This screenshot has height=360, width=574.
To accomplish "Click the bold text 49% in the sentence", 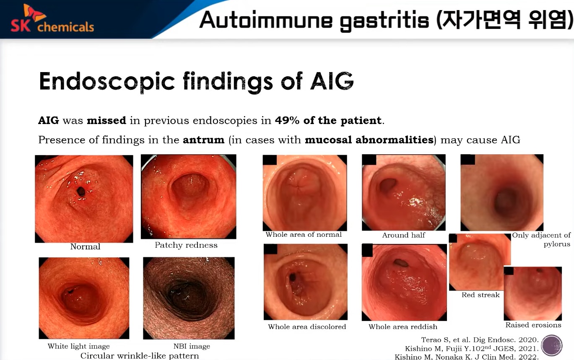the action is click(287, 120).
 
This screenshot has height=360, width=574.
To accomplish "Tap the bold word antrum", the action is click(203, 140).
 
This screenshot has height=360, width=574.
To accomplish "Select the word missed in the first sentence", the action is click(106, 120).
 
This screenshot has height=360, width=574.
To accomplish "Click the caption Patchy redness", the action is click(186, 245).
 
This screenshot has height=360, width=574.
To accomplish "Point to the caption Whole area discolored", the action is click(307, 326).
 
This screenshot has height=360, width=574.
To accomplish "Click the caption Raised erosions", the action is click(533, 325).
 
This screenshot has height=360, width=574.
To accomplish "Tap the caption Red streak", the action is click(480, 295).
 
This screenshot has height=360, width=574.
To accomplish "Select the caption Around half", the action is click(404, 235).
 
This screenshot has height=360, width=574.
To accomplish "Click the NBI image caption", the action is click(192, 346).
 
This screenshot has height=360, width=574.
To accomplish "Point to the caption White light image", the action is click(79, 346).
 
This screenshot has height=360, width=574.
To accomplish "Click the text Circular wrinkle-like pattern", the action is click(140, 356).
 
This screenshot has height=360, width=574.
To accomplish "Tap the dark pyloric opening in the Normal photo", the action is click(81, 191).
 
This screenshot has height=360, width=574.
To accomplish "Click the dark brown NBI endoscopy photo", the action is click(189, 298).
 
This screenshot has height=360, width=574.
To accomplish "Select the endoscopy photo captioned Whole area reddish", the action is click(404, 282).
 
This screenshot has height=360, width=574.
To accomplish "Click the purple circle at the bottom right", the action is click(552, 345).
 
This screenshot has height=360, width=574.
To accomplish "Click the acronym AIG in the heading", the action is click(332, 81).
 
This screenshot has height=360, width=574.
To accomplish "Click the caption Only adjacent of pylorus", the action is click(541, 239).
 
